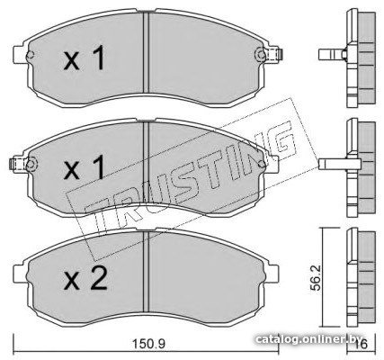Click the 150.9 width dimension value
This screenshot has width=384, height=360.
148,344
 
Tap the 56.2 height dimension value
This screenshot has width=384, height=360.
316,277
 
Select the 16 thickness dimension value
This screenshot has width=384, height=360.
362,345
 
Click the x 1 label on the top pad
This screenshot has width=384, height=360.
85,58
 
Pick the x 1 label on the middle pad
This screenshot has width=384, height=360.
85,167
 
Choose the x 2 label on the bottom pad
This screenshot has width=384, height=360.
85,278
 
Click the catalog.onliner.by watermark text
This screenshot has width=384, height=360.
308,339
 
